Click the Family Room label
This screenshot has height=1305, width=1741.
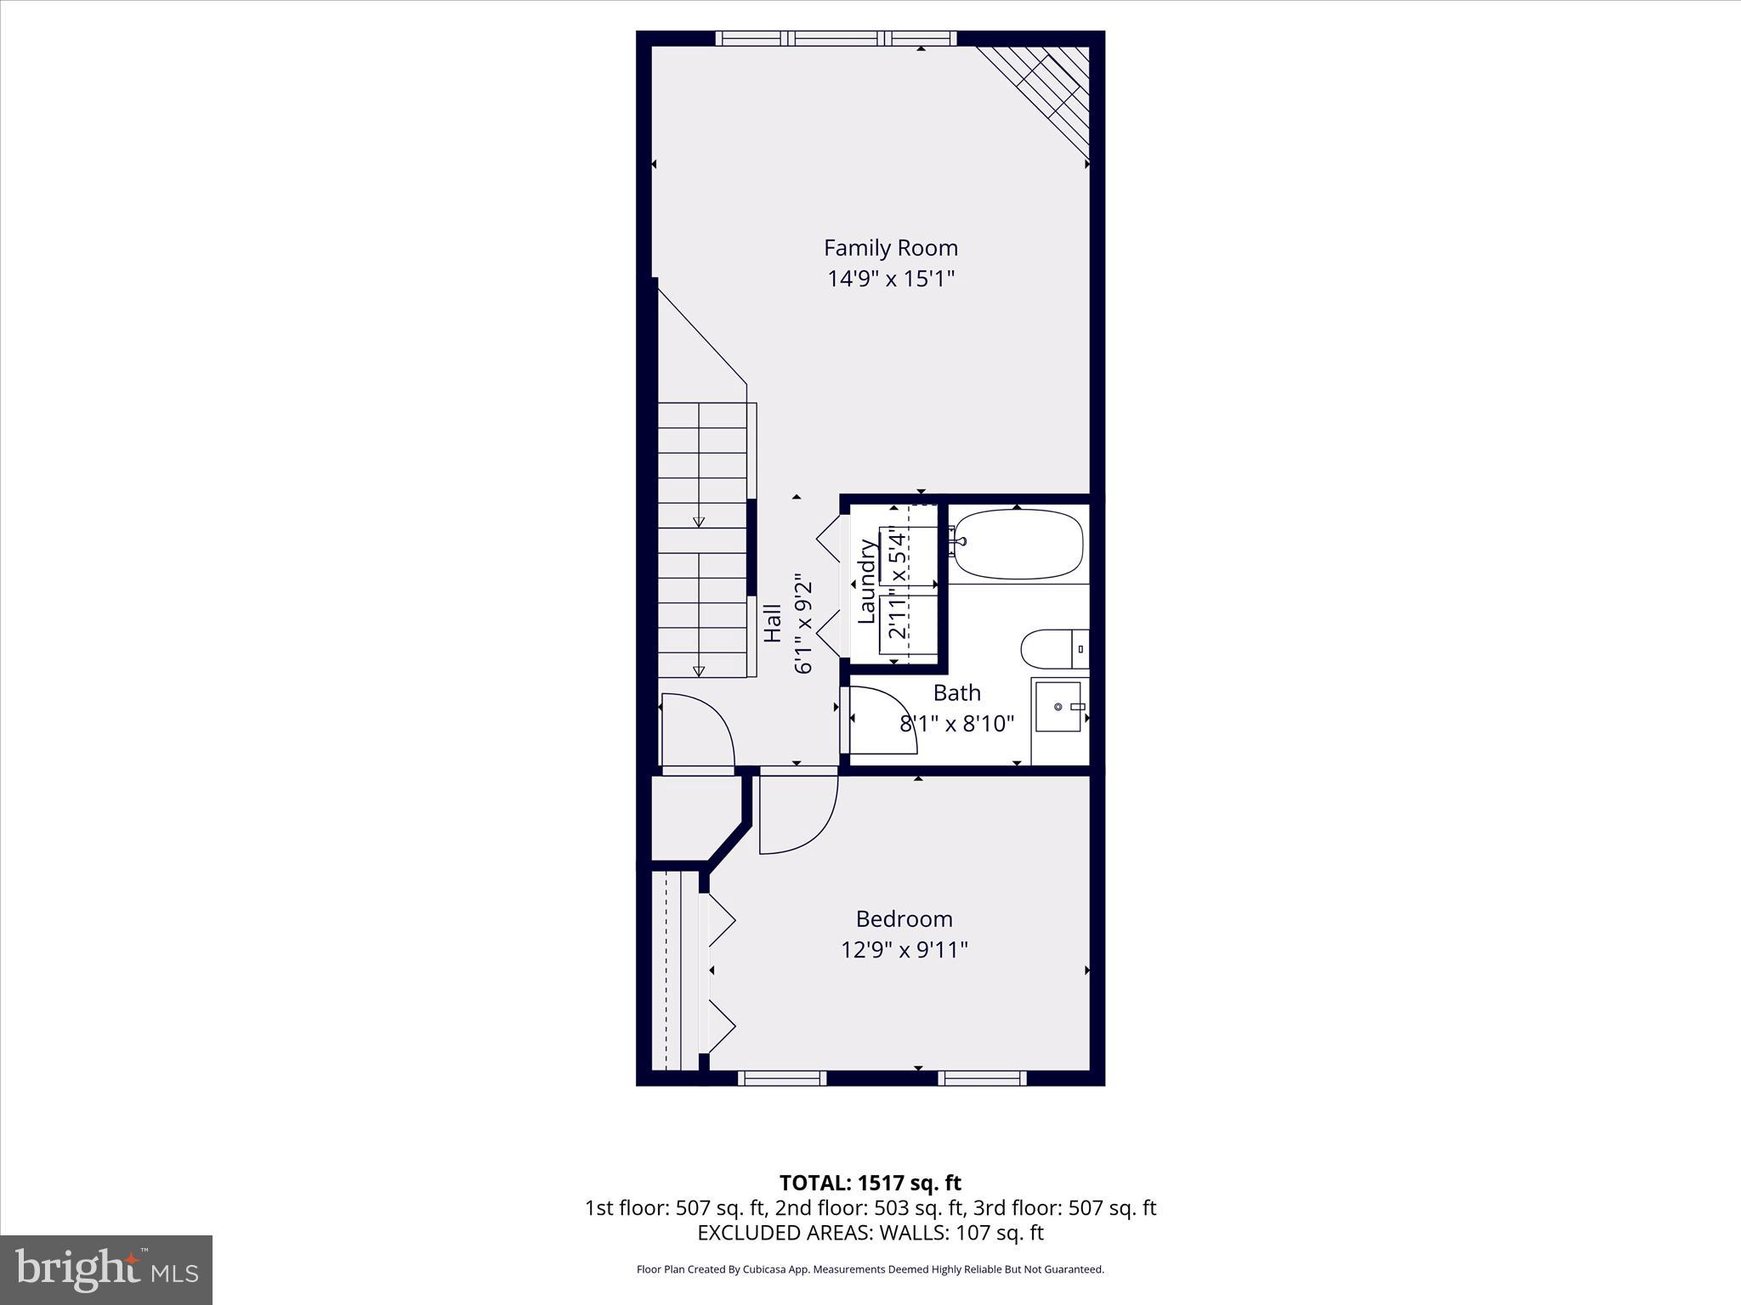(x=890, y=248)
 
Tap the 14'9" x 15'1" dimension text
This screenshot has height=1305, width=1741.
(x=891, y=279)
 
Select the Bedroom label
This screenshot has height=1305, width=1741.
(x=904, y=918)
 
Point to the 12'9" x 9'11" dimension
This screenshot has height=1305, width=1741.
(x=905, y=949)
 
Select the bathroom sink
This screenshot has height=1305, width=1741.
(x=1059, y=706)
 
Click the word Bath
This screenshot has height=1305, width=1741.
(x=956, y=693)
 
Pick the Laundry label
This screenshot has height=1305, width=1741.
(x=867, y=582)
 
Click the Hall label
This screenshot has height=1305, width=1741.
(x=773, y=623)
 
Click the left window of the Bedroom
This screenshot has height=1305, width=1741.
(x=781, y=1078)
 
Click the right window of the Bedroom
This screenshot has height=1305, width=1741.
(x=982, y=1078)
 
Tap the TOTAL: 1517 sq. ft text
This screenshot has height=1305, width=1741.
(x=870, y=1183)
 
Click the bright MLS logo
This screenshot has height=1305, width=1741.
(x=106, y=1269)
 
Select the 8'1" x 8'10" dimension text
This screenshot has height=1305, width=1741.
(x=956, y=724)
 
